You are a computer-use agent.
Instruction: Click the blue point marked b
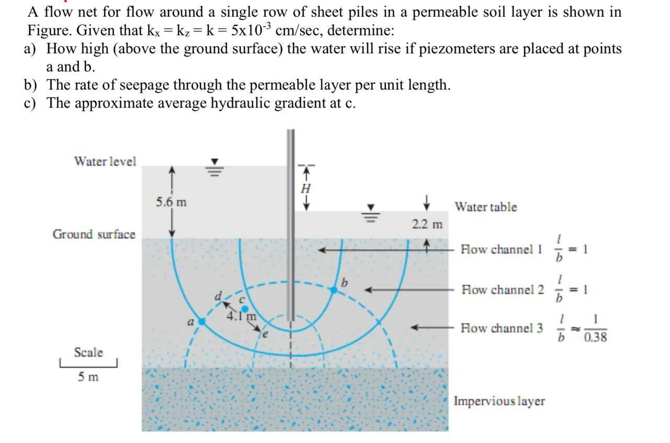(x=334, y=290)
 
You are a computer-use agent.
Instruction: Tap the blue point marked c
(x=244, y=309)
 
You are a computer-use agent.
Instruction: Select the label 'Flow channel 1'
(x=501, y=250)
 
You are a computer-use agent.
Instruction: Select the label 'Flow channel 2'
(x=502, y=290)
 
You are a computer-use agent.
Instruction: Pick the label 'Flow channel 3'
(x=501, y=328)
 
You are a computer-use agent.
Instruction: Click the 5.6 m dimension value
(x=171, y=202)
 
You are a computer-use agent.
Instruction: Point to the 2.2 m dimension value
(x=427, y=225)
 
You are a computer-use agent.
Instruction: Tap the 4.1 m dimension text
(x=241, y=316)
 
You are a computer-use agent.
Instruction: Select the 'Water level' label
(x=105, y=161)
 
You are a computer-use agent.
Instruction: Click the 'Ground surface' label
(x=94, y=234)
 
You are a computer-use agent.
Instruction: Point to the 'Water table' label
(x=485, y=207)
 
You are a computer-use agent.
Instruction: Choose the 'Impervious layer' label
(x=499, y=401)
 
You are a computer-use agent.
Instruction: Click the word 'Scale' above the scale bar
(x=88, y=352)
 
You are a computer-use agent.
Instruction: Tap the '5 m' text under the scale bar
(x=88, y=376)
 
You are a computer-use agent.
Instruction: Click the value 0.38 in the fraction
(x=595, y=337)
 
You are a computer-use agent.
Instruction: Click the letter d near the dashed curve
(x=218, y=296)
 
